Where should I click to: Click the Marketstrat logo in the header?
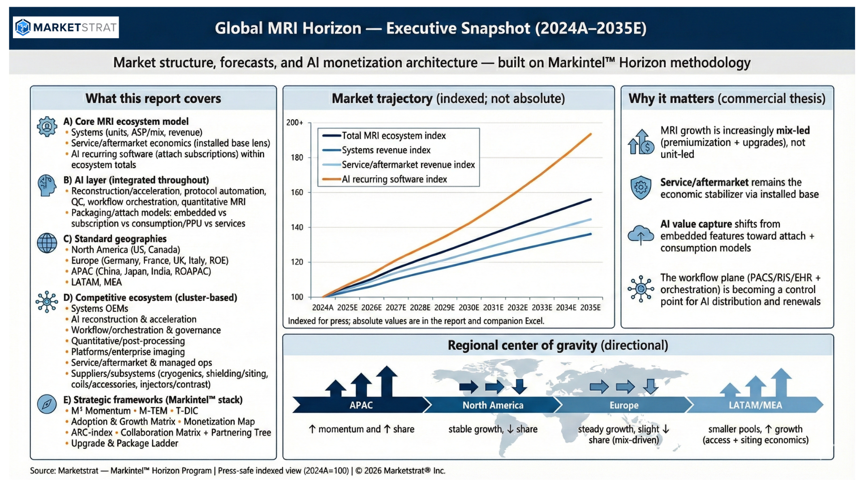pos(66,27)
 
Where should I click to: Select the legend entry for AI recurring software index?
pos(394,179)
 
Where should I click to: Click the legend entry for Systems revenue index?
pos(386,150)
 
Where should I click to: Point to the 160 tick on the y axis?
pos(297,192)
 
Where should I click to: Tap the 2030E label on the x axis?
pos(469,307)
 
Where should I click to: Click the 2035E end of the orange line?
pos(591,134)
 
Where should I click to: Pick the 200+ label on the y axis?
pos(295,122)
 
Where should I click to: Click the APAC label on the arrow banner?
pos(361,405)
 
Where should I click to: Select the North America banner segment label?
pos(493,405)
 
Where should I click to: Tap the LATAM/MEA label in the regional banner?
pos(755,405)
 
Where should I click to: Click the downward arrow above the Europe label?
pos(651,386)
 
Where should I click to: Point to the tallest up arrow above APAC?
pos(387,381)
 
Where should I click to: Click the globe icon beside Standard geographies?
pos(47,243)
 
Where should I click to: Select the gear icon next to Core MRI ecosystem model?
pos(47,127)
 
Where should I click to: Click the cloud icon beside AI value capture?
pos(641,235)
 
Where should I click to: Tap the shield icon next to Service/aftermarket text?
pos(641,187)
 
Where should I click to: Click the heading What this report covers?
pos(153,99)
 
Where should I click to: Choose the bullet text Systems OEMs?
pos(99,308)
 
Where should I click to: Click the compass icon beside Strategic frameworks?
pos(47,404)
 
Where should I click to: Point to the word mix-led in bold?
pos(793,130)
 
